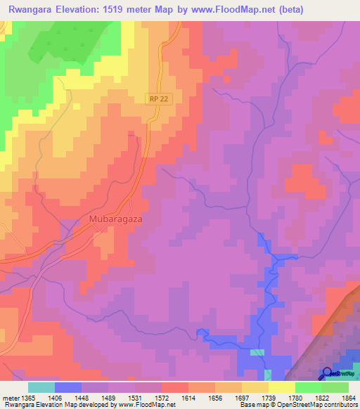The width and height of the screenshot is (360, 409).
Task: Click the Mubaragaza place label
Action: click(116, 219)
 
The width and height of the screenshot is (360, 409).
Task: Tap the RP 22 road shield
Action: click(159, 100)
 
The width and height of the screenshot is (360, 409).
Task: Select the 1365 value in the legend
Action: click(26, 398)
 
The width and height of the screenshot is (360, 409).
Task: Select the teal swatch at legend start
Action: click(41, 387)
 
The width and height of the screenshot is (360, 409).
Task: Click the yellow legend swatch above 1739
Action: click(255, 387)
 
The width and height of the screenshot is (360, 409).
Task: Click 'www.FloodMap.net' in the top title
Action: click(235, 9)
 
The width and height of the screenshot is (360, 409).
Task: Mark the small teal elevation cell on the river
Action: click(259, 352)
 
